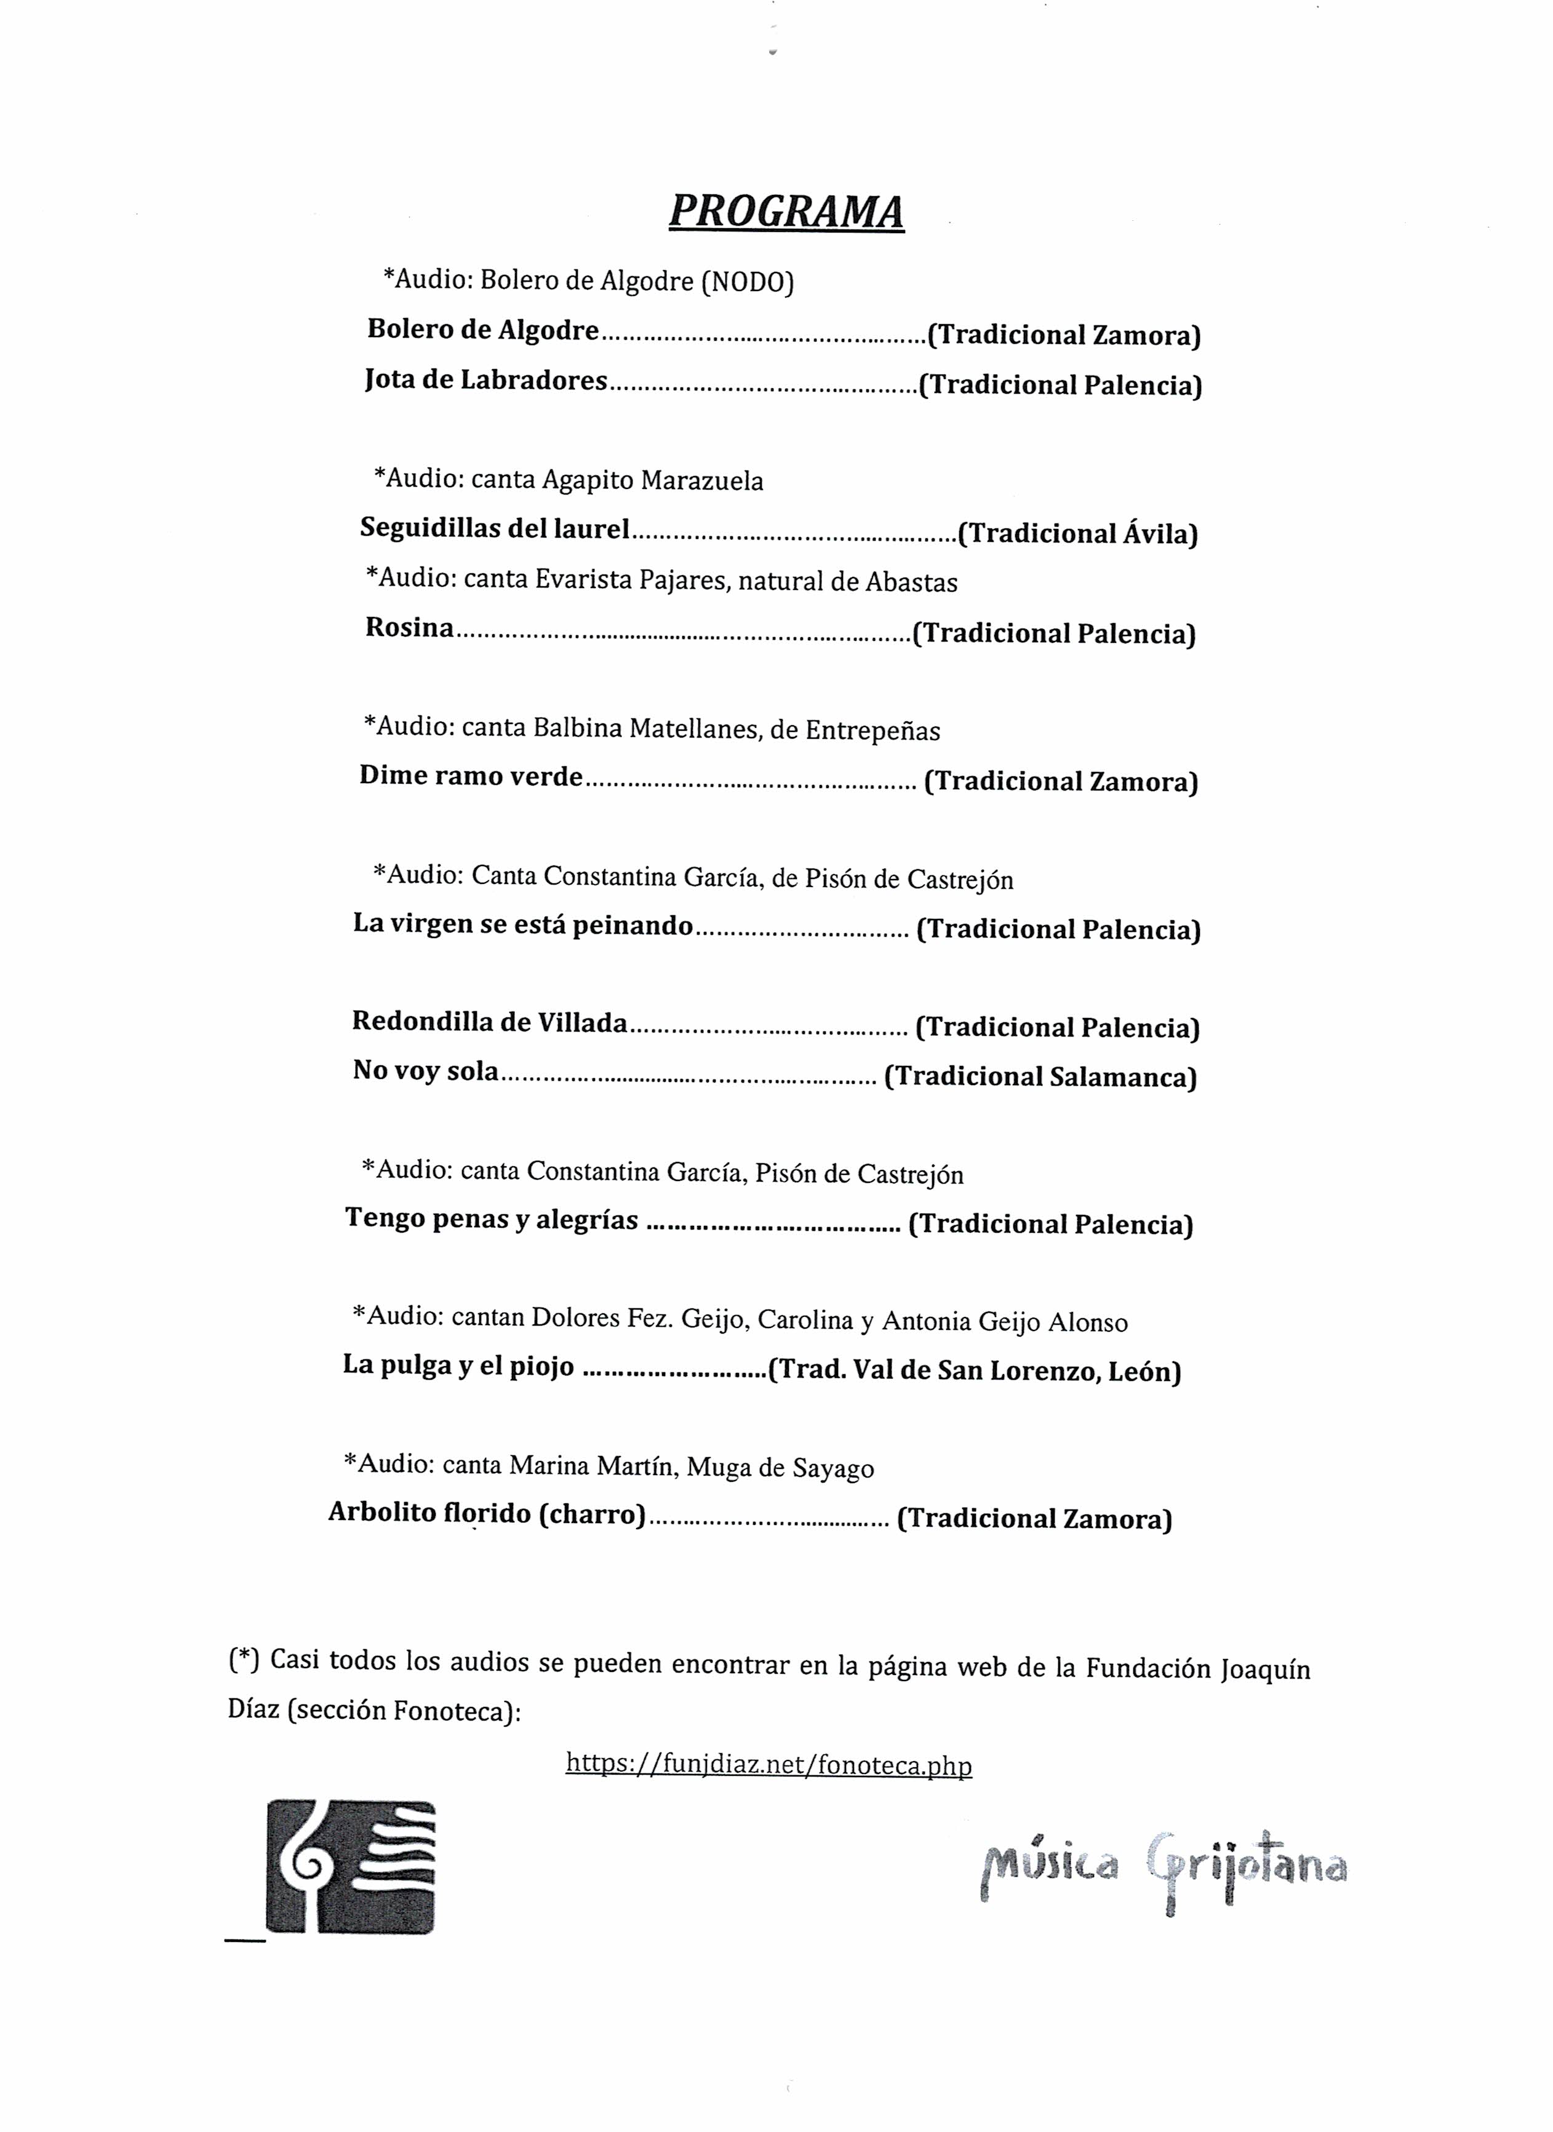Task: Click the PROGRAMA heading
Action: (786, 212)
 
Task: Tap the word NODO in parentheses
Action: (748, 282)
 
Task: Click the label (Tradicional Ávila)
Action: (1077, 534)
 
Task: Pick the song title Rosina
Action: (409, 628)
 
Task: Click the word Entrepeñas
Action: (872, 730)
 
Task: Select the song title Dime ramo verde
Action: (471, 776)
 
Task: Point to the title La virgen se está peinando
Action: (522, 925)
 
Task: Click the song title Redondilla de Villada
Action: (490, 1023)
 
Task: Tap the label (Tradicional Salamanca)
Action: (1040, 1076)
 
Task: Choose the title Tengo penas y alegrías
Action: (492, 1219)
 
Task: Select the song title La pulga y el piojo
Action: (458, 1366)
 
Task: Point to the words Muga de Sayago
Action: (780, 1468)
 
